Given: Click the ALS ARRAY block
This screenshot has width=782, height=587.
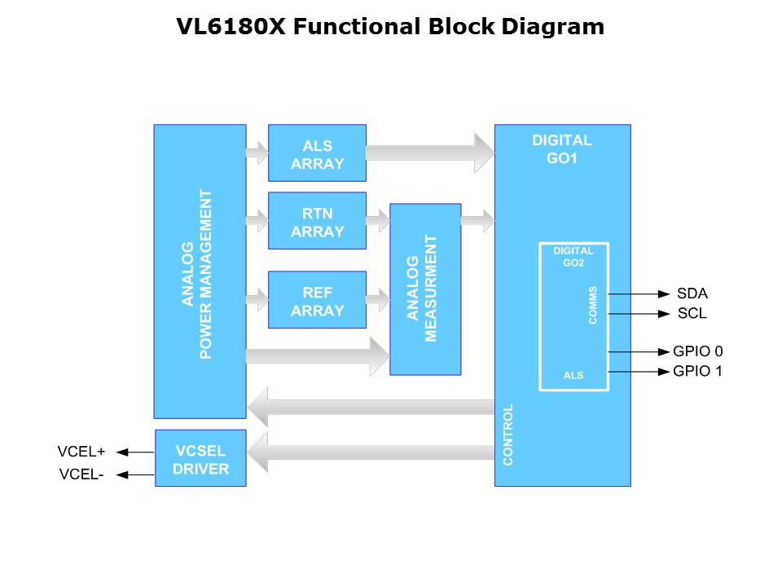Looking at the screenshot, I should click(317, 153).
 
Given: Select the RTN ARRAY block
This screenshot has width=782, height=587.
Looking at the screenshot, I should click(317, 221).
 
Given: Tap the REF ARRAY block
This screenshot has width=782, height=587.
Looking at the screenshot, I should click(317, 300).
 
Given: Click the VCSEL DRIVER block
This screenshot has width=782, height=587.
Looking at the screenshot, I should click(200, 458).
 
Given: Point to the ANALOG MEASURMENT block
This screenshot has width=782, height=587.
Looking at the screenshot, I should click(425, 289).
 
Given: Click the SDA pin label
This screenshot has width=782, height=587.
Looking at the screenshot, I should click(692, 293).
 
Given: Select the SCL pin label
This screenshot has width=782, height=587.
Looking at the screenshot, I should click(692, 313).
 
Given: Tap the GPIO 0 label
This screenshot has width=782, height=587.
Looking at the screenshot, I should click(697, 352).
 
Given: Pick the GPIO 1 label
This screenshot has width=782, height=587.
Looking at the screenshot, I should click(697, 372).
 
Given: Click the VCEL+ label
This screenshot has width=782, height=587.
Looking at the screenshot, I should click(81, 452).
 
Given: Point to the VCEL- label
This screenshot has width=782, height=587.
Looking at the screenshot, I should click(81, 474).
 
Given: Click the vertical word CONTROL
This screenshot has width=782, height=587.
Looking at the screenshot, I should click(508, 435).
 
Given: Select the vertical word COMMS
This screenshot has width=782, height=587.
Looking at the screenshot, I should click(592, 305).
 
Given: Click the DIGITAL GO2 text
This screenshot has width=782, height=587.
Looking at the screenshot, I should click(573, 256).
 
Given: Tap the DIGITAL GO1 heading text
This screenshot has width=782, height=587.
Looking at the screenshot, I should click(562, 148).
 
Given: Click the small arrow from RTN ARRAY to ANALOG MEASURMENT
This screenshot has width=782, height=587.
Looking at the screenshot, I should click(378, 220).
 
